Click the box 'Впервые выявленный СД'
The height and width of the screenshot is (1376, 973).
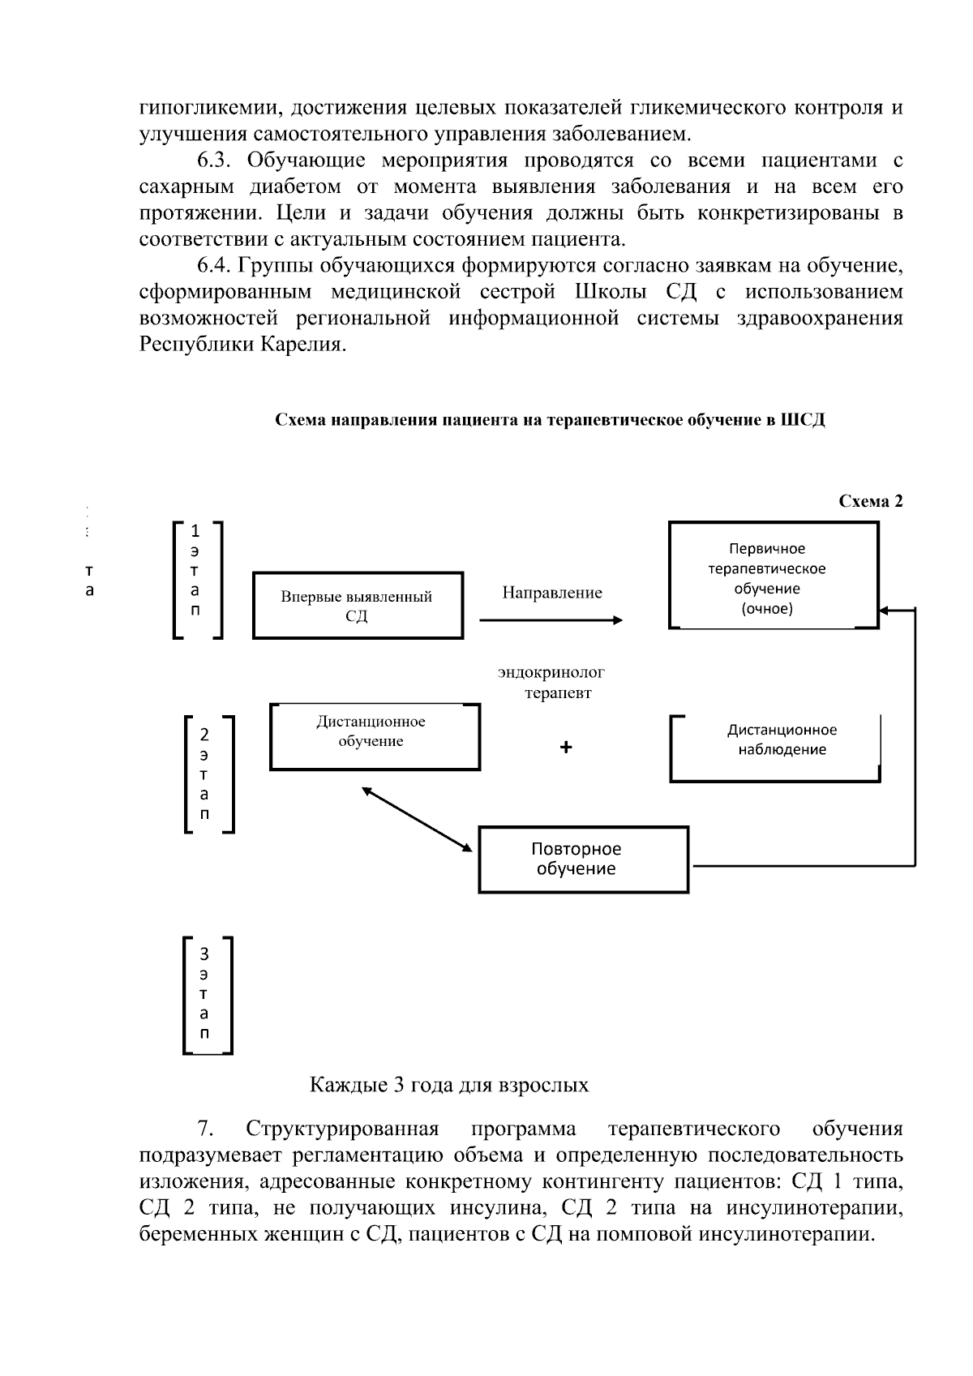(357, 606)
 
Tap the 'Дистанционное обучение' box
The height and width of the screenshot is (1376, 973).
(374, 736)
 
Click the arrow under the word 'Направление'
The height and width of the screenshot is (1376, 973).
(551, 620)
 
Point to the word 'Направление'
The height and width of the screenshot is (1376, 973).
(551, 593)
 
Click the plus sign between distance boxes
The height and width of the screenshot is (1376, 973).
(566, 748)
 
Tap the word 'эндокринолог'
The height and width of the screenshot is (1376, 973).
(551, 672)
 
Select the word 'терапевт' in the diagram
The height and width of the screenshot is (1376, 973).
(558, 693)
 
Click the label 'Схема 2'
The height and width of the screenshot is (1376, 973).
(870, 501)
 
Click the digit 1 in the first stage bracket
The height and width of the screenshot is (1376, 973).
(195, 531)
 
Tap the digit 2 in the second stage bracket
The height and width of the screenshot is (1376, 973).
(204, 735)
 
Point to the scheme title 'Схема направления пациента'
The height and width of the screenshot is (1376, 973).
(549, 420)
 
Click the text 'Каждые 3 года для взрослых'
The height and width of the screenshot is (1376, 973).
(449, 1085)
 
